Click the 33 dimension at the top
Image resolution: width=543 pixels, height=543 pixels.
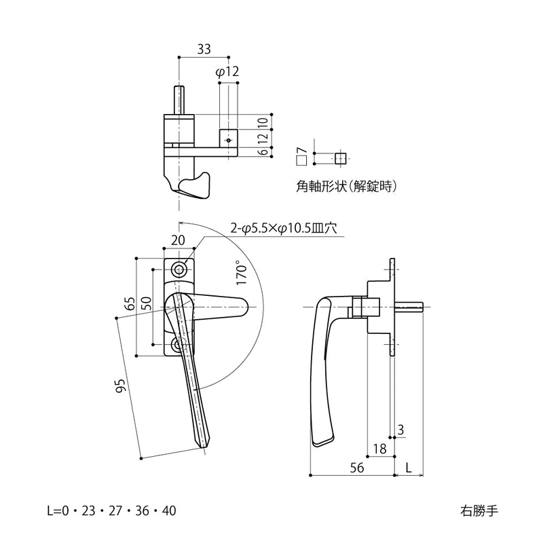point(204,49)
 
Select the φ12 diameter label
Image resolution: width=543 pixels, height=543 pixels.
point(227,72)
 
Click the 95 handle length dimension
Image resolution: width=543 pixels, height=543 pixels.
point(121,386)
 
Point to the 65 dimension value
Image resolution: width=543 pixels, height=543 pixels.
point(129,303)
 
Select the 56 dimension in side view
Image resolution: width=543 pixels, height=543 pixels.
point(357,468)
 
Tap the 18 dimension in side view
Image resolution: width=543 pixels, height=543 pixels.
point(379,449)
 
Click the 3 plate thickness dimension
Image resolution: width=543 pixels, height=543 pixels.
point(401,429)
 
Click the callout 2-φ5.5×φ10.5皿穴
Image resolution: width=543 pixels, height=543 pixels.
point(283,229)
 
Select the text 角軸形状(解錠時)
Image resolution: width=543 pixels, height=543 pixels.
point(346,185)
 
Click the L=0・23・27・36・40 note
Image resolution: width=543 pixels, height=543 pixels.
point(111,510)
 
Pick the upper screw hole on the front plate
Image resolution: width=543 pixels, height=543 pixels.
point(179,269)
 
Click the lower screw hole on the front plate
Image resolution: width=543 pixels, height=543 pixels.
point(178,345)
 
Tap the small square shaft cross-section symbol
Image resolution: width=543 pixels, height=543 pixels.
point(340,158)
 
